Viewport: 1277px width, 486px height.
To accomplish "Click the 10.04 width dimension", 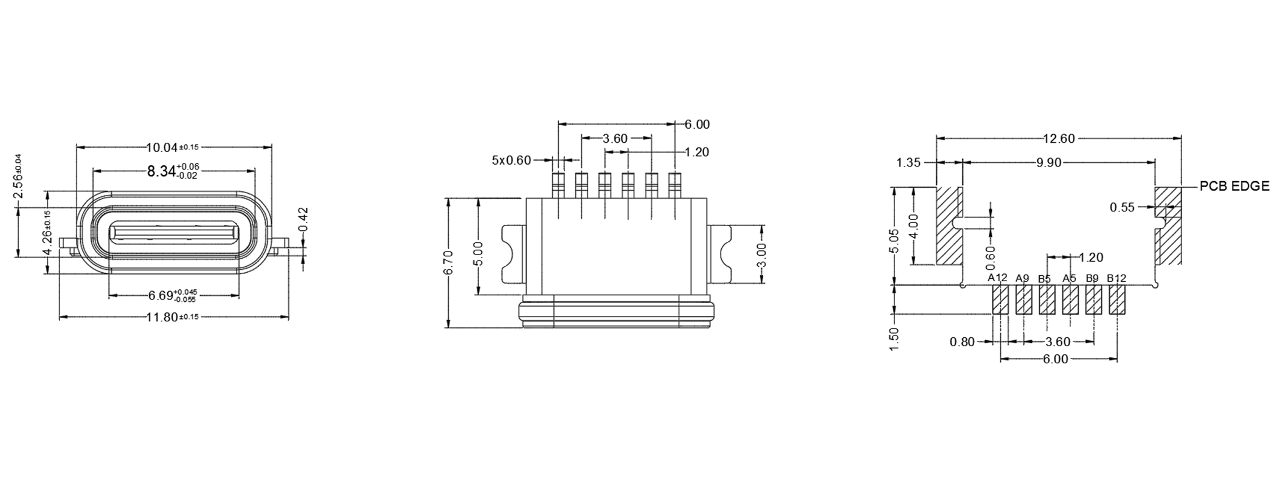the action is pos(173,147).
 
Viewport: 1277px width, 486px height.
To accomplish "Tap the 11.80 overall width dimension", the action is pos(173,317).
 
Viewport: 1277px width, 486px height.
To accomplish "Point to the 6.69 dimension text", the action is pos(173,296).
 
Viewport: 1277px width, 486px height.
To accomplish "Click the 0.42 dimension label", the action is pos(304,220).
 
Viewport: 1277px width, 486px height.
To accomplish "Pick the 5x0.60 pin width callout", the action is pos(511,160).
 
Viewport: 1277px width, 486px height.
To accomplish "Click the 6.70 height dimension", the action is pos(449,262).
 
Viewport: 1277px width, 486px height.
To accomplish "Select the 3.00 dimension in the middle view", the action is pos(762,255).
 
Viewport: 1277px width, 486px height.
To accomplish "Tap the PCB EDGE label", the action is pos(1234,187).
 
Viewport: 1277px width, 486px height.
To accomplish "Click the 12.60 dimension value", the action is pos(1059,139).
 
